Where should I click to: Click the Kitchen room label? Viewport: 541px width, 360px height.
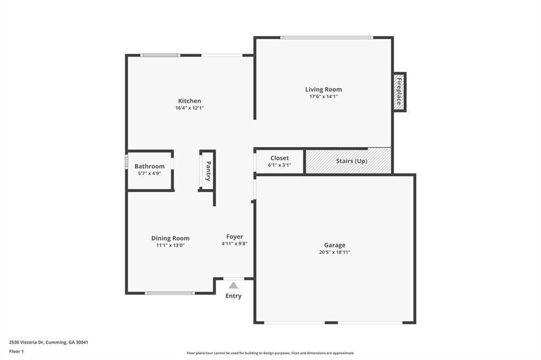click(x=189, y=101)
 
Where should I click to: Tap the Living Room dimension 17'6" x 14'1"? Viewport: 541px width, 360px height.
click(x=323, y=97)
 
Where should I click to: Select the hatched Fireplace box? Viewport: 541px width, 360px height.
click(x=399, y=92)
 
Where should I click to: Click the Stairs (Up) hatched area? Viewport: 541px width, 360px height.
click(x=349, y=161)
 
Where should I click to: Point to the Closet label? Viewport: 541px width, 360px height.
click(x=279, y=158)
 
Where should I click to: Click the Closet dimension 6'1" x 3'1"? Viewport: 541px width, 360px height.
click(x=279, y=165)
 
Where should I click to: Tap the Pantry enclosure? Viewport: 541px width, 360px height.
click(x=207, y=170)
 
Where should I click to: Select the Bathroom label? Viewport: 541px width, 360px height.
click(x=150, y=166)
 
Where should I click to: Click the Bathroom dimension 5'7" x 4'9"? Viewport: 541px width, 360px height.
click(x=150, y=173)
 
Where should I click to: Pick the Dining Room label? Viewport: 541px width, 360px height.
click(x=170, y=238)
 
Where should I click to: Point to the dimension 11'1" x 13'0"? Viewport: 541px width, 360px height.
click(x=170, y=245)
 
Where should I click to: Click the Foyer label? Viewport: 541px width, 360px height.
click(x=235, y=236)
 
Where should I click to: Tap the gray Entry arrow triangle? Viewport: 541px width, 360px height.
click(x=233, y=285)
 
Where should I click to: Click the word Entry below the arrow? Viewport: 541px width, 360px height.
click(x=233, y=296)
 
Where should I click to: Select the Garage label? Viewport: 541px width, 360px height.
click(x=334, y=245)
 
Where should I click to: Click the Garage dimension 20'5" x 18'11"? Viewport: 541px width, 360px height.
click(x=334, y=252)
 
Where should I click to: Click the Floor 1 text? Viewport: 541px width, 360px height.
click(x=16, y=350)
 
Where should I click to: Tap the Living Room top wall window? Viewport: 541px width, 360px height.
click(x=327, y=37)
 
